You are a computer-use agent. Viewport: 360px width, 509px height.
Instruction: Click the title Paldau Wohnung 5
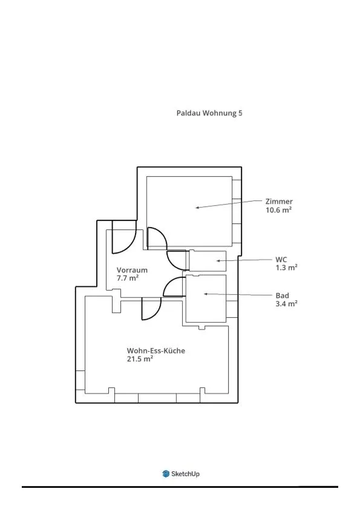(x=209, y=113)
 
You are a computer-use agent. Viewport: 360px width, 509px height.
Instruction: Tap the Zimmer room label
(x=279, y=202)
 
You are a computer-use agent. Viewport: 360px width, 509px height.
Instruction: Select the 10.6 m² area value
(x=278, y=209)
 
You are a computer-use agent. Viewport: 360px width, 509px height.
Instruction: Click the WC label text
(x=281, y=260)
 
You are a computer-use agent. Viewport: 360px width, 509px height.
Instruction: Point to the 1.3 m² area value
(x=286, y=268)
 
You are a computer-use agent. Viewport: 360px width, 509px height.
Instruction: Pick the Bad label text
(x=282, y=296)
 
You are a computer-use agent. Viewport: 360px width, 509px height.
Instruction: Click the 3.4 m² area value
(x=286, y=304)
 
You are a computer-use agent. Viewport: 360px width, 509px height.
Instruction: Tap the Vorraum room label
(x=132, y=270)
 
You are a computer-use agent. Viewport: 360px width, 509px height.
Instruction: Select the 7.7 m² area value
(x=128, y=278)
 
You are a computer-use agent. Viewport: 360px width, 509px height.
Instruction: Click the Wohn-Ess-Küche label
(x=156, y=350)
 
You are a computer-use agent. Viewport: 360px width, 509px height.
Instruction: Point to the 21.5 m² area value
(x=140, y=359)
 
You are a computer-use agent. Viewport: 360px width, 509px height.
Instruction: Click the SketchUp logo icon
(x=166, y=474)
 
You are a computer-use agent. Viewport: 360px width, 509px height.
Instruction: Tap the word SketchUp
(x=185, y=474)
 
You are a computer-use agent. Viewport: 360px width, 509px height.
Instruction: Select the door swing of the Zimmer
(x=162, y=233)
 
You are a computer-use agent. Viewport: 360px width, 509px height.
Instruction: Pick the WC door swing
(x=172, y=264)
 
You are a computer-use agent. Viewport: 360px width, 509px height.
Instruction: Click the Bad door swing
(x=169, y=283)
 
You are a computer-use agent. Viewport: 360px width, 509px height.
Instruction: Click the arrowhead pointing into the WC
(x=219, y=261)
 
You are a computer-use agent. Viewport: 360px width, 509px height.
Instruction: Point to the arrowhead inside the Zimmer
(x=197, y=208)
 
